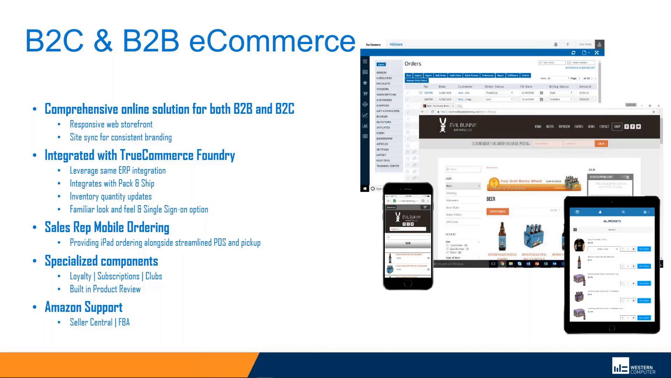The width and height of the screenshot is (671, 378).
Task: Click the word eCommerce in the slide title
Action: (272, 41)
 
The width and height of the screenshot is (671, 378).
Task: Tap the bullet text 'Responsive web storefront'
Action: (111, 125)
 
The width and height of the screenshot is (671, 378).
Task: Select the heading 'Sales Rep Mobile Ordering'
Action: (107, 227)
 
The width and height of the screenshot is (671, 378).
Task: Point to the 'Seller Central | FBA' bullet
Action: (100, 322)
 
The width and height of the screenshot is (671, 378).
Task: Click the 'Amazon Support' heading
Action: (84, 307)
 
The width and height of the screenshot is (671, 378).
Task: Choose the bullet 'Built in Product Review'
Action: (105, 289)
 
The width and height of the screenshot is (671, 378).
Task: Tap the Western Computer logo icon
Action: (620, 366)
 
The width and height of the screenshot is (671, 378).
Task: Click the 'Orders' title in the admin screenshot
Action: (413, 64)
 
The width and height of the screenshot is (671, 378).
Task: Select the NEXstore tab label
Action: (396, 44)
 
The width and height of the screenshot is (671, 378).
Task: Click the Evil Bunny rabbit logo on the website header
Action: (443, 125)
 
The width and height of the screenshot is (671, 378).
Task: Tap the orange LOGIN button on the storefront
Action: (601, 143)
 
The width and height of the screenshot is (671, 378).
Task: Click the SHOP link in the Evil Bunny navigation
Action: (617, 127)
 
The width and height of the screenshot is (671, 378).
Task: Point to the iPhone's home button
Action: (408, 284)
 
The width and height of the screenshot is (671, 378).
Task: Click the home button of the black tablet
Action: (612, 328)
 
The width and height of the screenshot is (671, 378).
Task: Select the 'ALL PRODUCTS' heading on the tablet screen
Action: (612, 221)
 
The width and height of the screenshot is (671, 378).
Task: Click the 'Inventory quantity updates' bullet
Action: (111, 197)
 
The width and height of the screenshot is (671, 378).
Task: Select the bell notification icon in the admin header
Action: (556, 44)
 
